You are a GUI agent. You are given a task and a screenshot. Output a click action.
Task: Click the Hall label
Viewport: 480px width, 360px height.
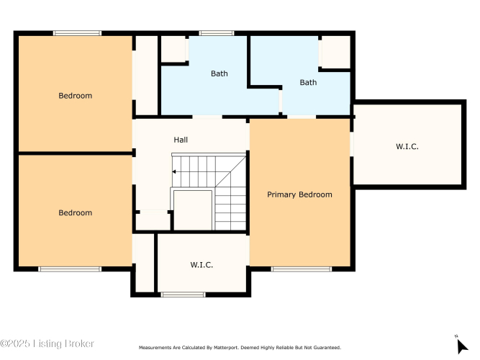[x=181, y=140]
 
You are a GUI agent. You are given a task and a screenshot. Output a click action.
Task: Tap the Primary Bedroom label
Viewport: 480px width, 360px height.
[x=299, y=195]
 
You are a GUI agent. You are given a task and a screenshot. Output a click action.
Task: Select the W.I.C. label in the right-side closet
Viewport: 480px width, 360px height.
[x=407, y=146]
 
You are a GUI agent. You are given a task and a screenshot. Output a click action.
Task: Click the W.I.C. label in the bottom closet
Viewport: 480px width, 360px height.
[x=201, y=265]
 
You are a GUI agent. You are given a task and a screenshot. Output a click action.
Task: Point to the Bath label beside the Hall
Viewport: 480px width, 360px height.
[x=219, y=73]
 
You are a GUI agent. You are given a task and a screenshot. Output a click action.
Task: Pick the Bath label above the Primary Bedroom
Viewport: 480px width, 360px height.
[x=308, y=82]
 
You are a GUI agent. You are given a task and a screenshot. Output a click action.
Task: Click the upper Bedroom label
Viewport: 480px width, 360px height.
[x=76, y=96]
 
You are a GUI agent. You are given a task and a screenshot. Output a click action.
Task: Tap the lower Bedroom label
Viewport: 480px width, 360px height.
[x=76, y=212]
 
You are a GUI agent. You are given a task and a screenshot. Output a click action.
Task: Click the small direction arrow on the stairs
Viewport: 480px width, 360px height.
[x=174, y=172]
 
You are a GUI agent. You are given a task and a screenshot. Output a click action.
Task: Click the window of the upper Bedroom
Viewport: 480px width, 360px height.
[x=77, y=33]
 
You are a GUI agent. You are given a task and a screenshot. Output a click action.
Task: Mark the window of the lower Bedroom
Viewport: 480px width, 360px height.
[x=70, y=269]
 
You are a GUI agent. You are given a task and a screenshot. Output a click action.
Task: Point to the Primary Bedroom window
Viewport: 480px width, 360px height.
[x=302, y=269]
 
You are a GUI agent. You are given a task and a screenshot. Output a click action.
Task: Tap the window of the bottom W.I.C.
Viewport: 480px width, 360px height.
[x=183, y=294]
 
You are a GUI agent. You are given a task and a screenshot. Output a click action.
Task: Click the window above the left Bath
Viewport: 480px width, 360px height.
[x=217, y=33]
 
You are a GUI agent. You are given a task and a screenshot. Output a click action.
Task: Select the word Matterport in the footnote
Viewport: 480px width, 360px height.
[x=226, y=348]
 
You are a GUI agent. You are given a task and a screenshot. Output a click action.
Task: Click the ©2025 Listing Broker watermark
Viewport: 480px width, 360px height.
[x=47, y=343]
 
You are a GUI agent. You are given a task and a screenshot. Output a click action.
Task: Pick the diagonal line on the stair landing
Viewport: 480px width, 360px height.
[x=230, y=172]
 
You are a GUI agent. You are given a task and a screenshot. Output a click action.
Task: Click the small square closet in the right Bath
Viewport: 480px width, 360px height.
[x=336, y=52]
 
